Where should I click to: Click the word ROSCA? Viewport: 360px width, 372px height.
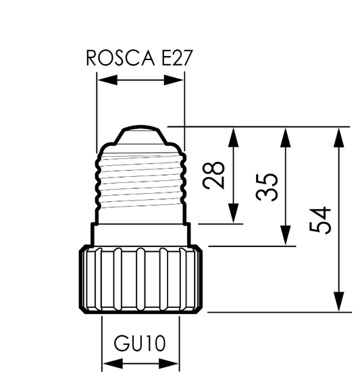(120, 57)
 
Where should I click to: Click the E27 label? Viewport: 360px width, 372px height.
(176, 57)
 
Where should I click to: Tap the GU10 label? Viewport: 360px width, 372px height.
(140, 343)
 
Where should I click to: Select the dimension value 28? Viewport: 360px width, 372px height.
(213, 176)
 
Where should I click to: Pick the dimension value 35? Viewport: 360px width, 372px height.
(267, 187)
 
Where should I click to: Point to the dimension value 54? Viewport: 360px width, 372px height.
(320, 221)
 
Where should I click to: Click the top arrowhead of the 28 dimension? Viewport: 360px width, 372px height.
(234, 137)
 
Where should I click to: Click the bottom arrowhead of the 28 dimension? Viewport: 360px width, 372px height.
(234, 213)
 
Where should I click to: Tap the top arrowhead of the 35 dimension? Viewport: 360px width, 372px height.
(286, 137)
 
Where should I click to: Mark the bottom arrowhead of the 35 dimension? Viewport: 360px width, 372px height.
(286, 235)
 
